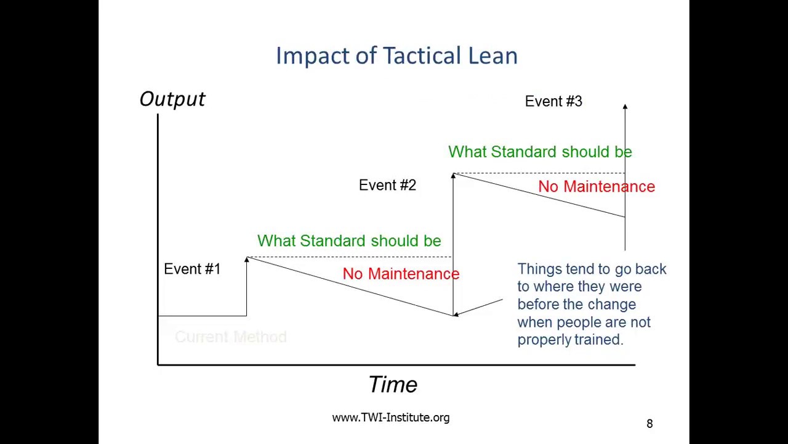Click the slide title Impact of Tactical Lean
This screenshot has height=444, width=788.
(x=396, y=55)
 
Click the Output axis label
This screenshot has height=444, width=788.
(x=172, y=99)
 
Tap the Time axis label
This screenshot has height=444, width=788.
(x=393, y=385)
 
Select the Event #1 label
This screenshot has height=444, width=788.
(x=192, y=269)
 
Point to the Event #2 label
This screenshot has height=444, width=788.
(x=387, y=185)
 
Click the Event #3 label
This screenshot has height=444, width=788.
(x=553, y=102)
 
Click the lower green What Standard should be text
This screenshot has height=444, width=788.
(x=349, y=241)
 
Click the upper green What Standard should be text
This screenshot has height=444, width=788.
(x=540, y=152)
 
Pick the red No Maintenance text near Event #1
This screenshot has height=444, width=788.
(x=401, y=274)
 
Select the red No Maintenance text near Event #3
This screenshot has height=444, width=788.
(x=596, y=187)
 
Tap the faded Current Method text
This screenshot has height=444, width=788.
(x=231, y=337)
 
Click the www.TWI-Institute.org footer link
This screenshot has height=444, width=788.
(x=391, y=418)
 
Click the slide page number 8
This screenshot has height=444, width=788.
(x=649, y=424)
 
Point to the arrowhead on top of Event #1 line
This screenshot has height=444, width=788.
(x=247, y=260)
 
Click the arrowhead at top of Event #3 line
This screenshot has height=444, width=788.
(x=625, y=107)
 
